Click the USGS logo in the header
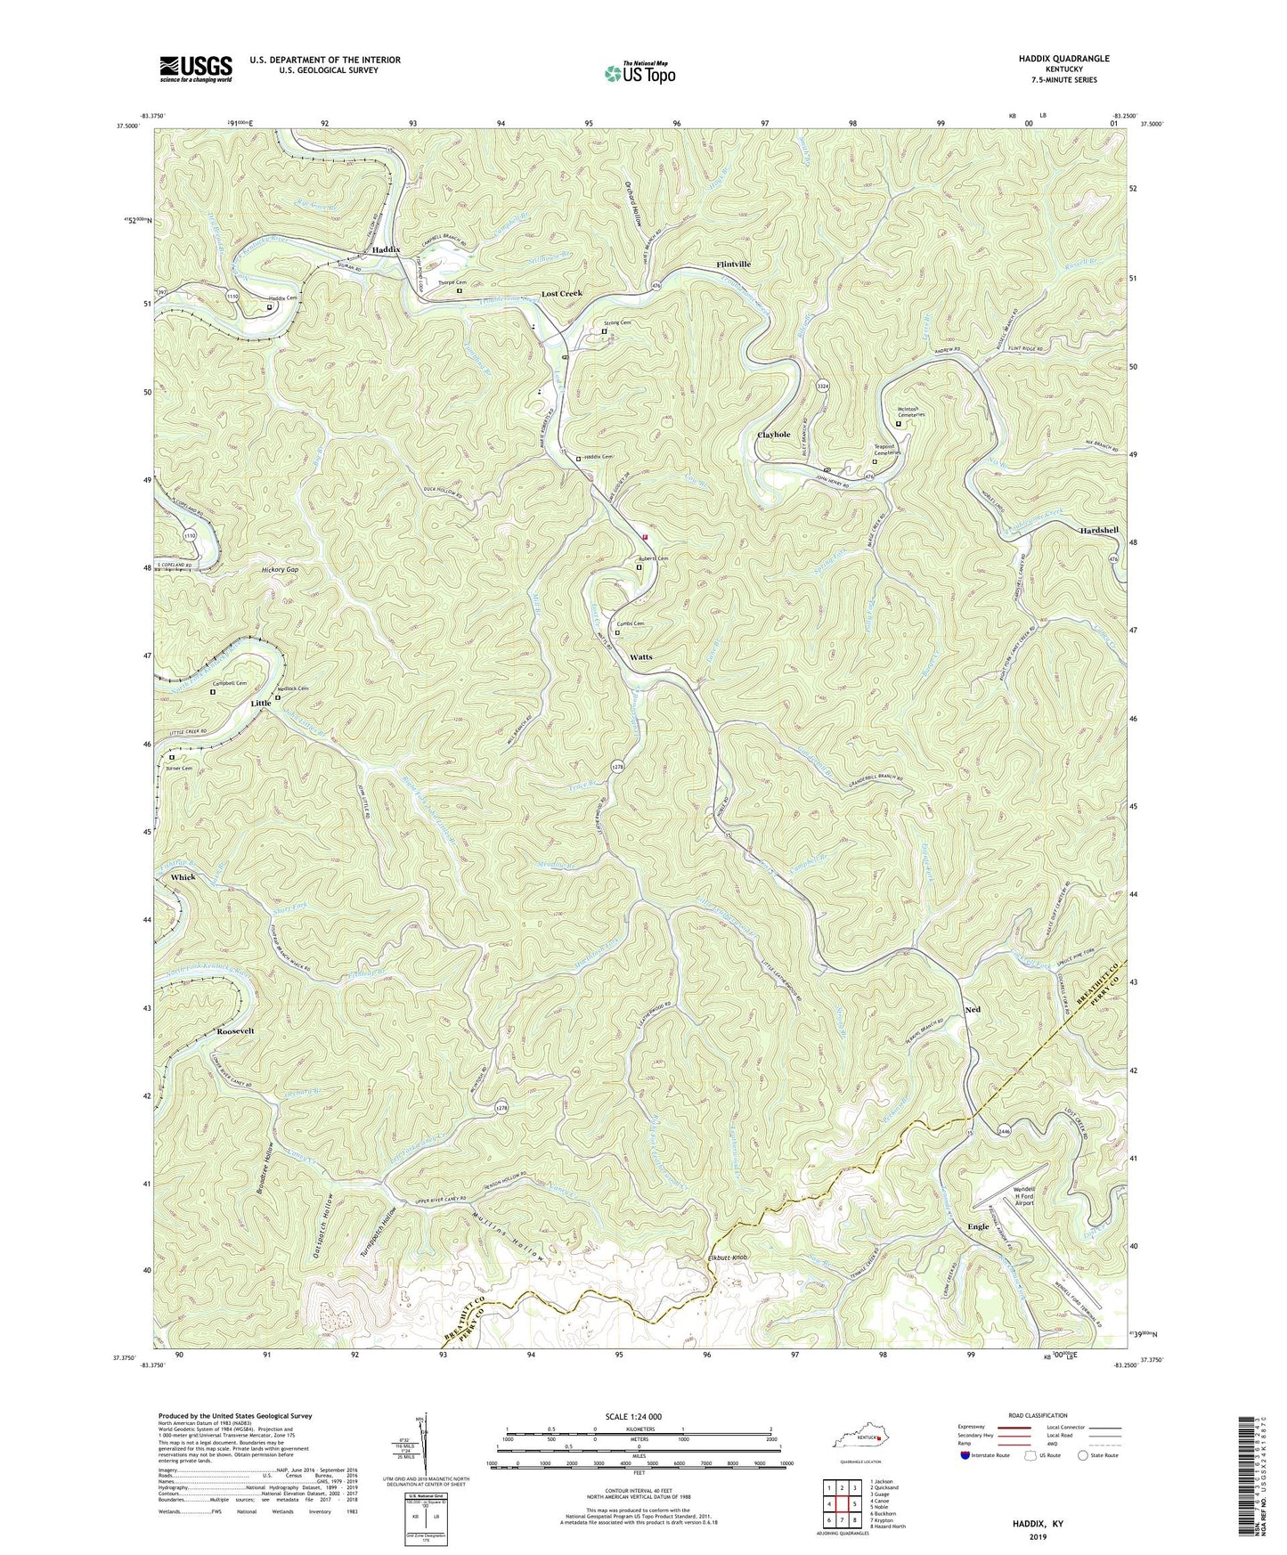pyautogui.click(x=196, y=68)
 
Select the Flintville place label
pyautogui.click(x=734, y=265)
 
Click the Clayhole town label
pyautogui.click(x=773, y=435)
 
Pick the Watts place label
pyautogui.click(x=641, y=656)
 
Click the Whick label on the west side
pyautogui.click(x=183, y=877)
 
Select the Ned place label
pyautogui.click(x=973, y=1010)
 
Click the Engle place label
pyautogui.click(x=978, y=1226)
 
